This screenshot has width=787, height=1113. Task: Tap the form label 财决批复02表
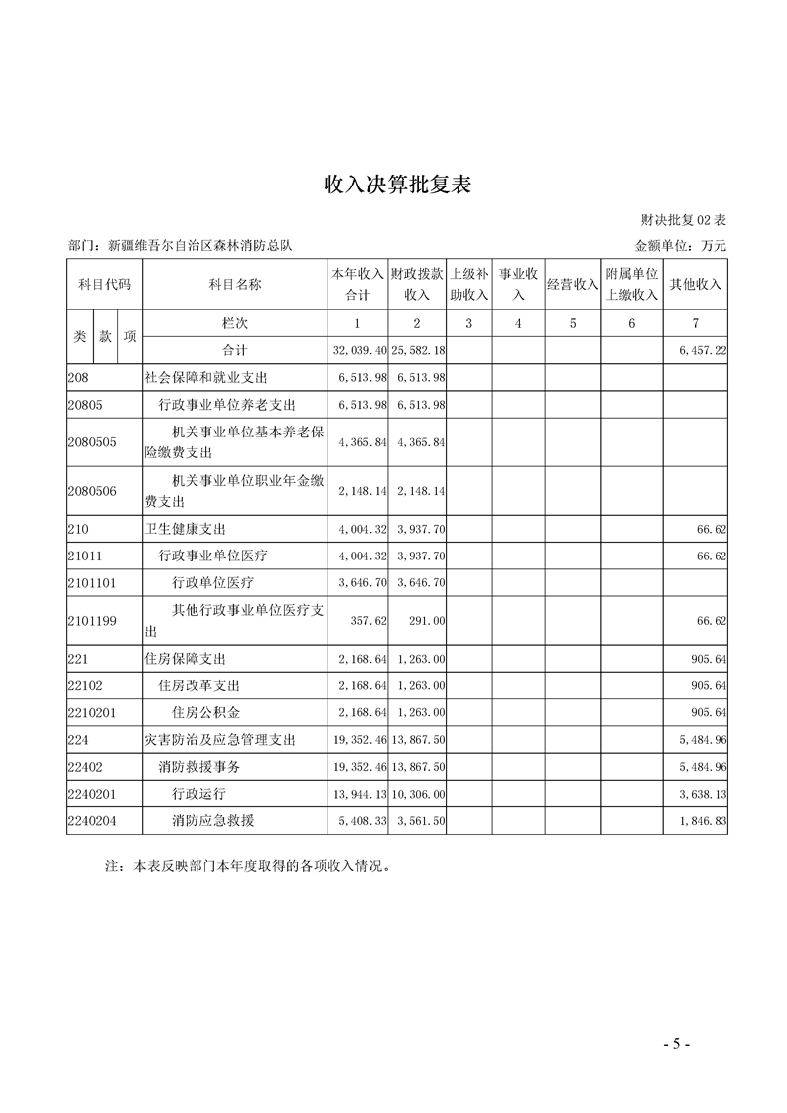[x=684, y=220]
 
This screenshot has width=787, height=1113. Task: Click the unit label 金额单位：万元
[x=680, y=245]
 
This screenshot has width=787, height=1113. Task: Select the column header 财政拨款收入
[x=417, y=284]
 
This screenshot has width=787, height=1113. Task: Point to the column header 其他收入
[x=695, y=284]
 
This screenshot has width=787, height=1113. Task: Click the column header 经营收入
[x=573, y=284]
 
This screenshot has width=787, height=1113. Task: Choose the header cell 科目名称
[x=235, y=284]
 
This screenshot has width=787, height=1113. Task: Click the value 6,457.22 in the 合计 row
[x=702, y=351]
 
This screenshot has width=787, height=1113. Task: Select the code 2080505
[x=92, y=442]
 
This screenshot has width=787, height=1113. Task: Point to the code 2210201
[x=92, y=713]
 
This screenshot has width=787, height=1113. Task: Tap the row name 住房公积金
[x=205, y=713]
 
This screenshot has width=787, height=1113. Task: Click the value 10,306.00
[x=419, y=794]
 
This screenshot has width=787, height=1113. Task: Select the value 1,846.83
[x=703, y=821]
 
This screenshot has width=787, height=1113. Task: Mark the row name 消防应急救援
[x=212, y=821]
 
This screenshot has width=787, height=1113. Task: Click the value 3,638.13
[x=703, y=794]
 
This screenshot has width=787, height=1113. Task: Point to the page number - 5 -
[x=676, y=1043]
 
